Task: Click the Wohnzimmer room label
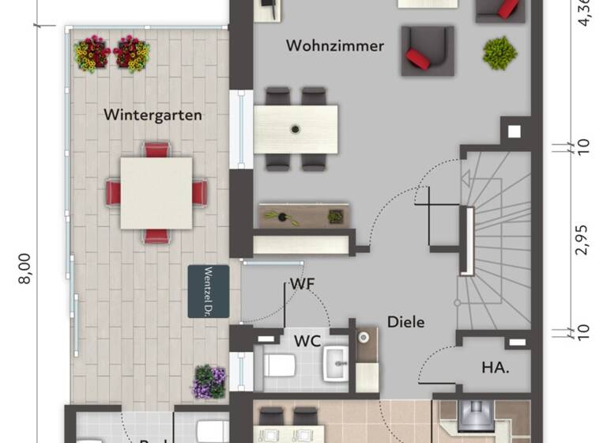(335, 46)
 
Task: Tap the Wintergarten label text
(153, 115)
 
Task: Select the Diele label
(405, 322)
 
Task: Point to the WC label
(307, 342)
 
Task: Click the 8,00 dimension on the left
(25, 268)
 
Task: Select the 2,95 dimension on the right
(582, 237)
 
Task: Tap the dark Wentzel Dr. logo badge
(209, 291)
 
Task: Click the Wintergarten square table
(156, 193)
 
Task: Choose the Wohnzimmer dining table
(296, 129)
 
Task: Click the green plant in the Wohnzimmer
(500, 53)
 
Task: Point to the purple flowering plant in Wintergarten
(209, 382)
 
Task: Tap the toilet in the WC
(279, 365)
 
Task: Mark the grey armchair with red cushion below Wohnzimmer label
(427, 51)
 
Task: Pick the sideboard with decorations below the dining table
(304, 216)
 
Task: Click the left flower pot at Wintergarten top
(92, 54)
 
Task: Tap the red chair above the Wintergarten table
(156, 150)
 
